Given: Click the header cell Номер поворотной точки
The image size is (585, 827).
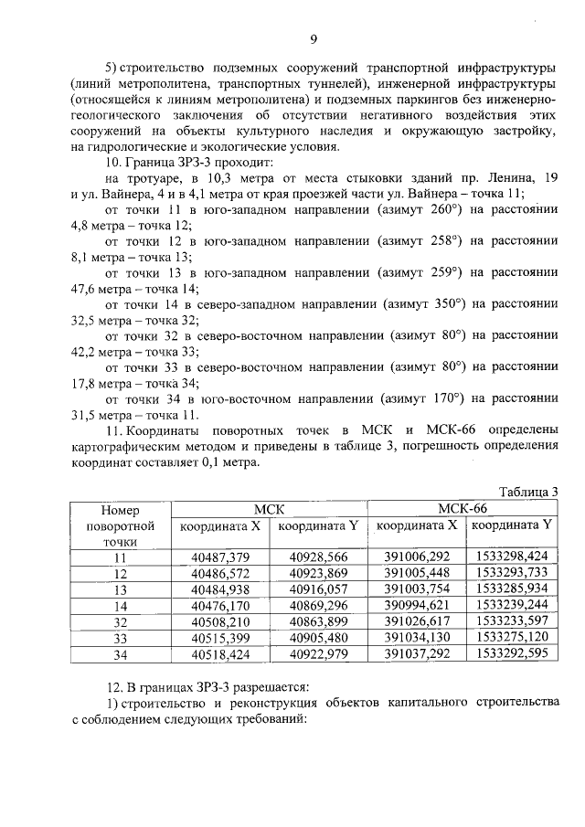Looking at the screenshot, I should (119, 525).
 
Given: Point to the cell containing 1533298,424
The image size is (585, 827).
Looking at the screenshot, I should (512, 556).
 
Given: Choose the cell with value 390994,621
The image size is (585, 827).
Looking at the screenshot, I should (416, 604).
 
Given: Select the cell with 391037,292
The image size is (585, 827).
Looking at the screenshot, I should (416, 653).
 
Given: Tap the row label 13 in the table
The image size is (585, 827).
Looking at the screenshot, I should (119, 588).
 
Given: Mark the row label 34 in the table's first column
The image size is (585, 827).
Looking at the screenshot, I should (119, 653).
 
